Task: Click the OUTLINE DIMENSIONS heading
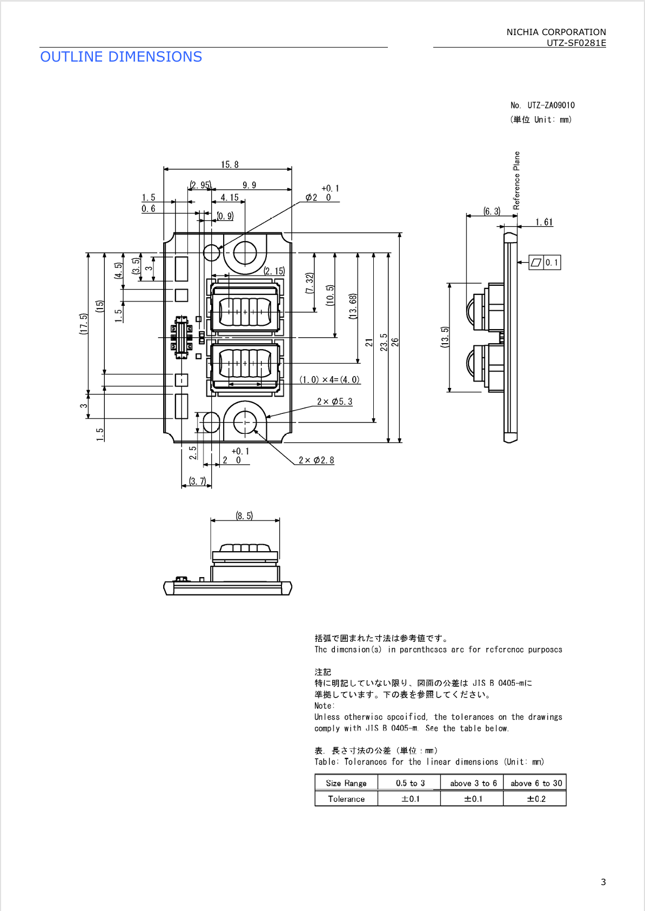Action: (x=121, y=57)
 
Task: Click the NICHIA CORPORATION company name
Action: (x=556, y=32)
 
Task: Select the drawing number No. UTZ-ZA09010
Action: (x=542, y=105)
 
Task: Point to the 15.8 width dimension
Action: (x=230, y=164)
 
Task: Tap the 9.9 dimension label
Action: (x=249, y=185)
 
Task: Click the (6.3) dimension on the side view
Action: (x=492, y=211)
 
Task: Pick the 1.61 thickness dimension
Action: (x=544, y=222)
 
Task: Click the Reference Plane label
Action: (x=516, y=180)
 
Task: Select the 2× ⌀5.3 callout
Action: (x=334, y=401)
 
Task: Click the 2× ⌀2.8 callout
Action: (x=316, y=460)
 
